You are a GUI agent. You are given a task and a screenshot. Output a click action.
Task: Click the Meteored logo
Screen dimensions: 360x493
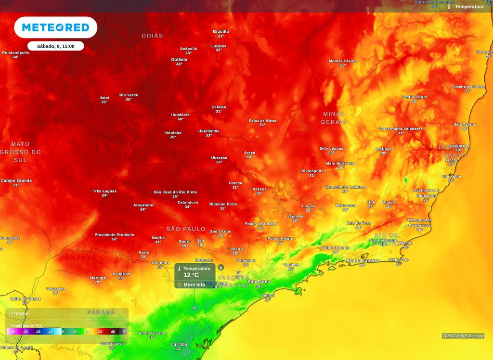click(x=55, y=27)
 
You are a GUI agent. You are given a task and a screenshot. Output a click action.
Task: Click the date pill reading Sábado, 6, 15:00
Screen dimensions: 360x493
click(x=55, y=46)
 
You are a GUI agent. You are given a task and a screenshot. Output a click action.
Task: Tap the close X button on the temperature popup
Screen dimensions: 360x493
click(x=221, y=268)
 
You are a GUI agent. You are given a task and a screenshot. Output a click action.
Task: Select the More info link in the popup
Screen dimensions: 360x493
click(x=194, y=284)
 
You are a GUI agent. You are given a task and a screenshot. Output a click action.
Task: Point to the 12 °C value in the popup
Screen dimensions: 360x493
click(x=191, y=275)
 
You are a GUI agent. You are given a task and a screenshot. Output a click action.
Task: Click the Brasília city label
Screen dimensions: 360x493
click(x=221, y=32)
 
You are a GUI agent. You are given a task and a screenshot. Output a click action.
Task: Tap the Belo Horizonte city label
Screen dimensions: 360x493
click(x=340, y=164)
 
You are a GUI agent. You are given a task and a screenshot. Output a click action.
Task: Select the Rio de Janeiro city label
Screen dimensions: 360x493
click(x=363, y=260)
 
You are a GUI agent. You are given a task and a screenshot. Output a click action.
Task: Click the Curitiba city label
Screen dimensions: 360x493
click(x=179, y=344)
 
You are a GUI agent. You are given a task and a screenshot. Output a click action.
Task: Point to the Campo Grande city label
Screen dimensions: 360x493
click(x=16, y=181)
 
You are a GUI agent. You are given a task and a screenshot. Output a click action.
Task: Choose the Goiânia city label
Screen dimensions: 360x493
click(x=179, y=60)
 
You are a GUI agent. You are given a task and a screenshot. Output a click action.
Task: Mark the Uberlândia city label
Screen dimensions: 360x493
click(x=208, y=131)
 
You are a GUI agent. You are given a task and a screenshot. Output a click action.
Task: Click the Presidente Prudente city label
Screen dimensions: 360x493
click(x=114, y=234)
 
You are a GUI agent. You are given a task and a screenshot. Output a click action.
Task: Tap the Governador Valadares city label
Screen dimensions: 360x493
click(x=401, y=129)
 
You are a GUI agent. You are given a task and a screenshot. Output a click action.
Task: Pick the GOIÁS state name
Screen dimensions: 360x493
click(x=152, y=36)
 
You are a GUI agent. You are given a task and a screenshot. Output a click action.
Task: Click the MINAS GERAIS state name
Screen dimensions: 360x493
click(x=334, y=118)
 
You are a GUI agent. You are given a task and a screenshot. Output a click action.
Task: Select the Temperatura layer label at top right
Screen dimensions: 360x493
click(x=468, y=6)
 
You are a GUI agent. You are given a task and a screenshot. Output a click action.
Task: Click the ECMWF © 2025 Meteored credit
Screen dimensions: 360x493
click(x=463, y=336)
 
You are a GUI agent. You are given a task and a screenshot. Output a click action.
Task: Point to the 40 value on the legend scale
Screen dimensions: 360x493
click(x=113, y=332)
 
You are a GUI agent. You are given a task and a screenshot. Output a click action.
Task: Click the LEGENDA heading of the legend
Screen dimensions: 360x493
click(x=19, y=314)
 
